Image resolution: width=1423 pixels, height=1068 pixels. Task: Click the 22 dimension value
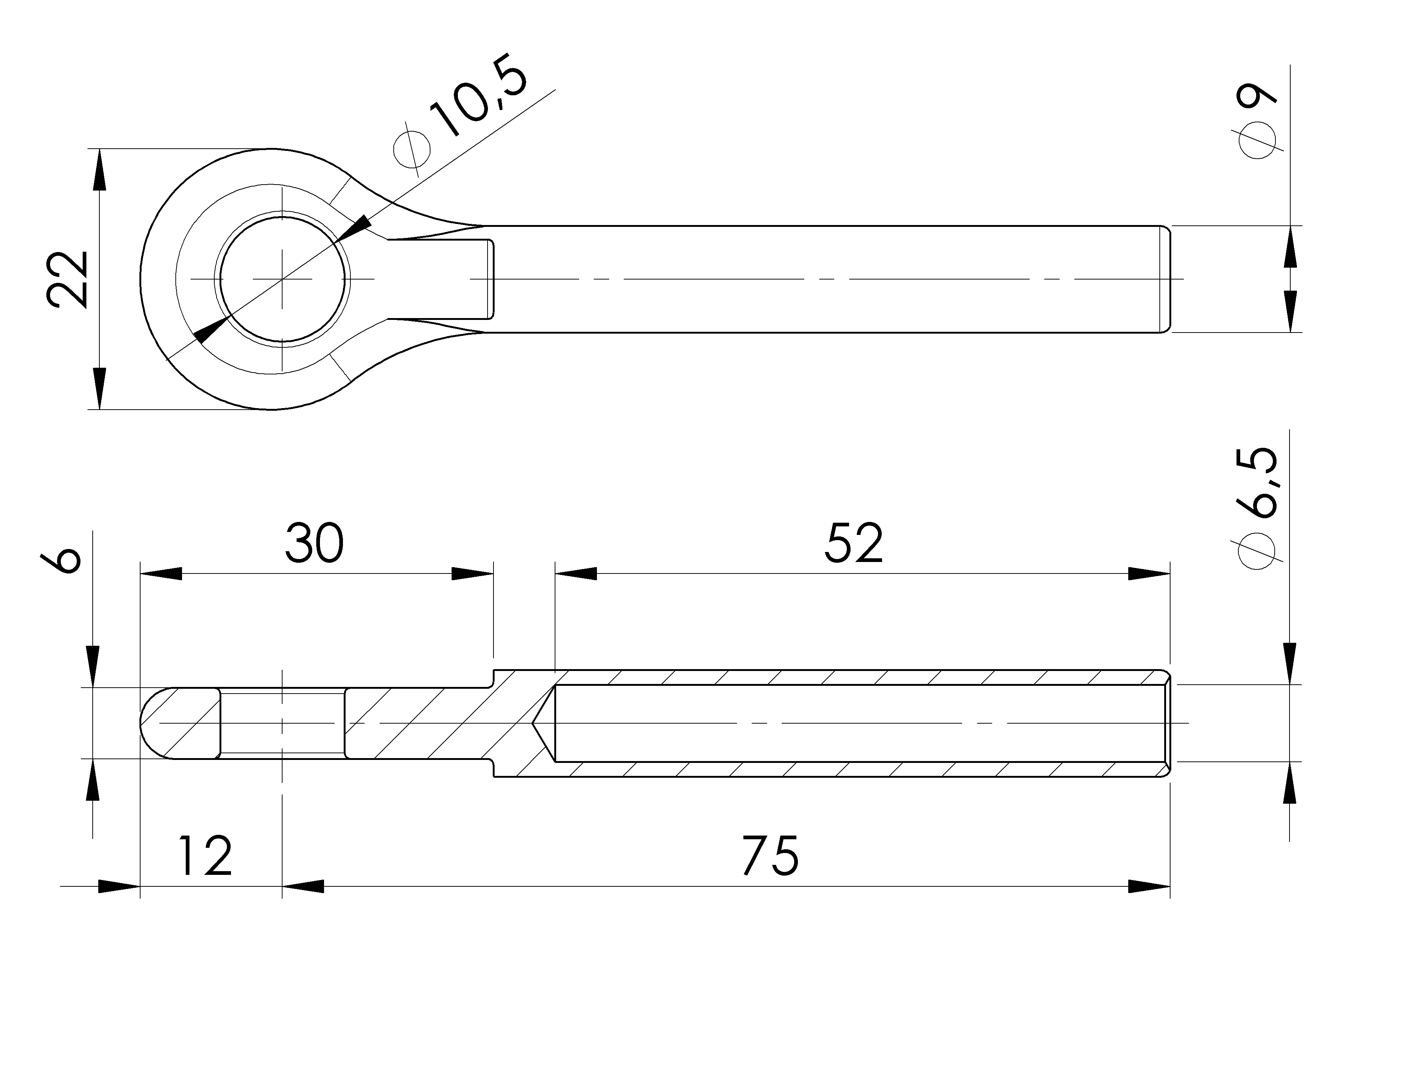point(67,279)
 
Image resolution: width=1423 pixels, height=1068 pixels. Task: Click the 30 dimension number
point(314,544)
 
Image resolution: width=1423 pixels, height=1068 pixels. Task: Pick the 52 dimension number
point(854,544)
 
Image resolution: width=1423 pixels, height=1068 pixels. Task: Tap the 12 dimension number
point(205,856)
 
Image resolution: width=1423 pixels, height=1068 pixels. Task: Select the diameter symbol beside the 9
point(1257,140)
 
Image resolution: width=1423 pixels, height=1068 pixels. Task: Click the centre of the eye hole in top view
point(282,279)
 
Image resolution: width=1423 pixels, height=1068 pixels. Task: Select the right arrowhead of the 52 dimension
point(1149,573)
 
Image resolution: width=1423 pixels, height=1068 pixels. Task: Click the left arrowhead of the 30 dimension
point(161,573)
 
